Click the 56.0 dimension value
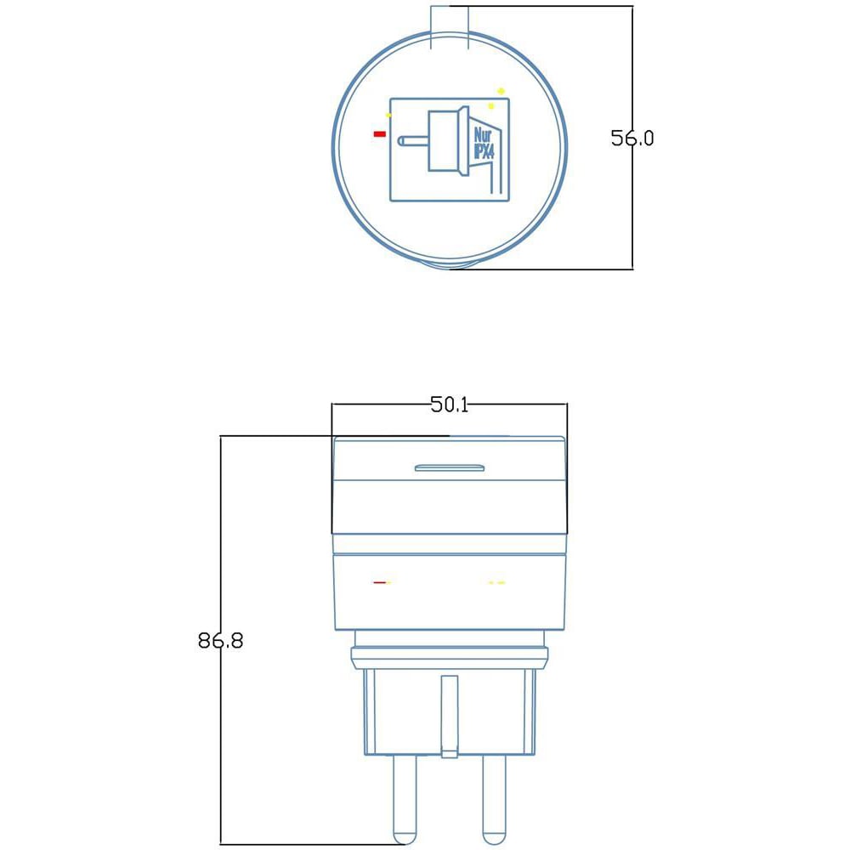click(632, 138)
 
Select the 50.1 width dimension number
click(450, 405)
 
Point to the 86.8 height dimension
click(221, 640)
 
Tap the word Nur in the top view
click(483, 135)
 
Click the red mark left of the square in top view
click(380, 133)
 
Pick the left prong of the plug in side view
click(405, 800)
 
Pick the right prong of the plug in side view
click(494, 800)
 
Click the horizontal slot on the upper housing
click(450, 467)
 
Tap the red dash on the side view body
click(380, 583)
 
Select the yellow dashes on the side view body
click(496, 583)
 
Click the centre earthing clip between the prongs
click(450, 716)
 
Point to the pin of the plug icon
click(413, 141)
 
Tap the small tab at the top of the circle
click(450, 27)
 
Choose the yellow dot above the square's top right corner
click(501, 91)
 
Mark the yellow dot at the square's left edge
click(388, 115)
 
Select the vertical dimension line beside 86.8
click(221, 640)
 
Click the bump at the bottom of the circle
click(450, 264)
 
